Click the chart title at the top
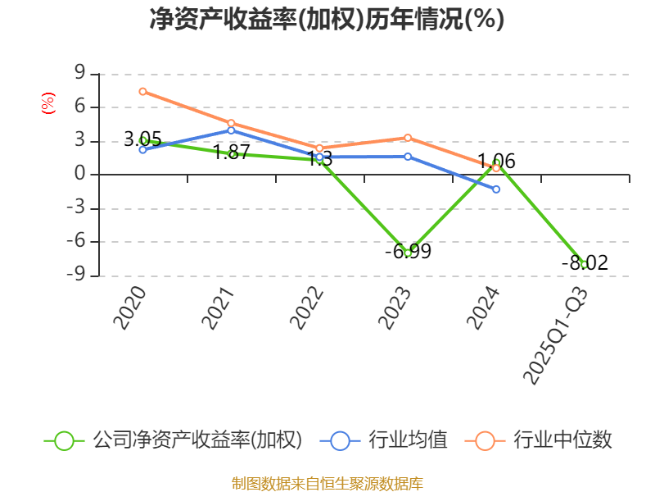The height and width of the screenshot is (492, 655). coord(327,19)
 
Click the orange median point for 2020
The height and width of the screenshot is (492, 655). coord(142,91)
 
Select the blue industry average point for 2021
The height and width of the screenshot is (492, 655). coord(231,130)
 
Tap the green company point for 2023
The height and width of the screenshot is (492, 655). coord(408,253)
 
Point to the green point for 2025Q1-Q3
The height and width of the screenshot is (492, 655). coord(584,264)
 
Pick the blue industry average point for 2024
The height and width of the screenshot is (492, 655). coord(496,189)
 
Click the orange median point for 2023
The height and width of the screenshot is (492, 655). coord(408,137)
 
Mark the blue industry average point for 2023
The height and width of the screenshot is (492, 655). coord(408,156)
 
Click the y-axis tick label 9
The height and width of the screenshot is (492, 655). coord(80,74)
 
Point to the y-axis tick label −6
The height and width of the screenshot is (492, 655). coord(75,242)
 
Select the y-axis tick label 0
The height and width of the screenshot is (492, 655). coord(80,175)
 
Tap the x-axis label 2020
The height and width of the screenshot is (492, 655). coord(129,308)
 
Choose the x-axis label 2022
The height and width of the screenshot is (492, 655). coord(306,308)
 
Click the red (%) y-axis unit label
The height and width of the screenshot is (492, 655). coord(48,103)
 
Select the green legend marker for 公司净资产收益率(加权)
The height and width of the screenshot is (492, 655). coord(64,440)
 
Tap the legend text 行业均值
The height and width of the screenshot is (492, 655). coord(408,440)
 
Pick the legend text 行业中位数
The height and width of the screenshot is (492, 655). coord(562,440)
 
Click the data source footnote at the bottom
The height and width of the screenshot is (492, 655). coord(327,483)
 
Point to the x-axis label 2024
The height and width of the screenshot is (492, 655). coord(483,308)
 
